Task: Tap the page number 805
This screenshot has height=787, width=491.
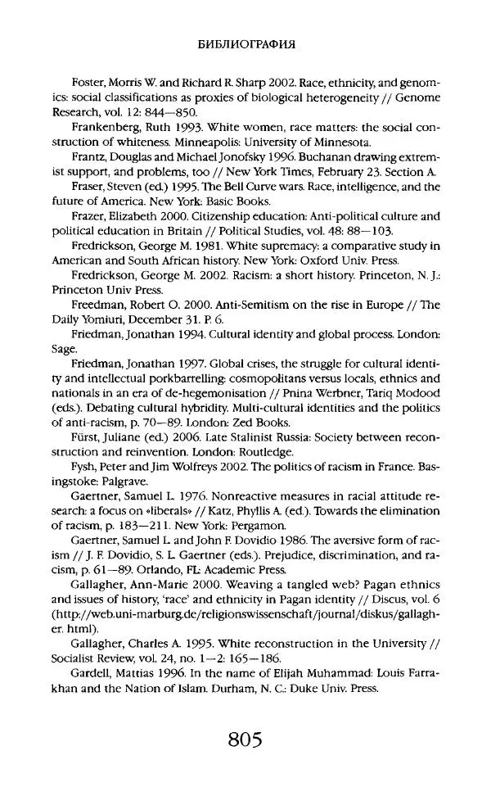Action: coord(245,742)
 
